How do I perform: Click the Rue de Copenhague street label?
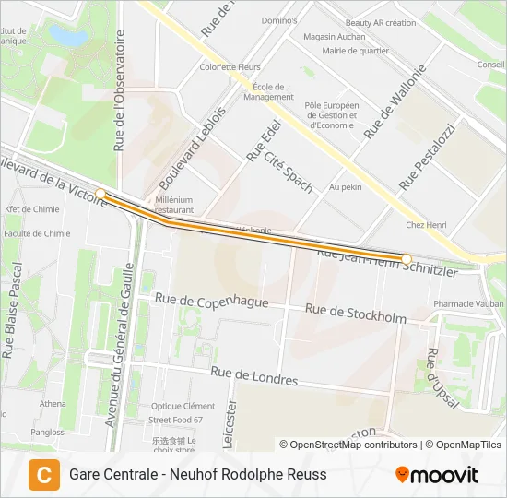212,301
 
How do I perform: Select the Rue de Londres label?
253,375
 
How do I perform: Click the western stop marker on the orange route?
100,194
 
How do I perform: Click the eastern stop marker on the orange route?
407,258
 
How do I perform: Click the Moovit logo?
437,475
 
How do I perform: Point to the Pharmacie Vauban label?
468,303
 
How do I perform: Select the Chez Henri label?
426,225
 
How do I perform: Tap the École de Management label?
269,91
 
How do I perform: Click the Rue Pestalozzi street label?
427,157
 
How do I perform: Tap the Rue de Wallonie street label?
395,101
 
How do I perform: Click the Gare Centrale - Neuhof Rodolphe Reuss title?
197,475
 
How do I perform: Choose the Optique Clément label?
183,406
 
